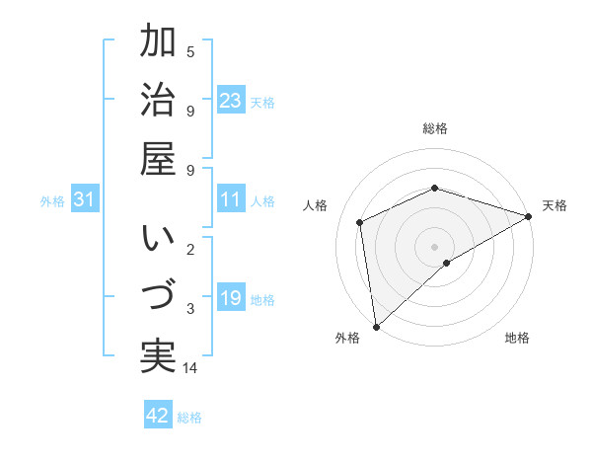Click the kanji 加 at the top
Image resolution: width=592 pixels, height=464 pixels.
point(159,42)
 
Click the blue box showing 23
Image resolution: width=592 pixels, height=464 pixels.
point(231,100)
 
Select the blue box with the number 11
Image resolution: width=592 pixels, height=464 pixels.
point(231,200)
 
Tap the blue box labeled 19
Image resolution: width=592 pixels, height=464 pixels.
point(231,298)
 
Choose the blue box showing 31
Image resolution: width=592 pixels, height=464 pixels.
point(85,200)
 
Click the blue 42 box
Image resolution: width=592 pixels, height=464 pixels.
point(158,416)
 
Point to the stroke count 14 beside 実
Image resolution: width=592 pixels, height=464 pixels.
point(191,368)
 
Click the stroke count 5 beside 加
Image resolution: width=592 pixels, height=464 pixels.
point(190,51)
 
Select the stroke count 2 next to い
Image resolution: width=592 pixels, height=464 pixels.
point(190,248)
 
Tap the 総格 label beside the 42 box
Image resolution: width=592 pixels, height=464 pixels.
point(189,418)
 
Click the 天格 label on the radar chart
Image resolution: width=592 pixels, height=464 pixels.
point(555,205)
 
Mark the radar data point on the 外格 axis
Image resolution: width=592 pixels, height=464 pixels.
point(376,326)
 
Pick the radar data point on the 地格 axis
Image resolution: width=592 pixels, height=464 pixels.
point(447,263)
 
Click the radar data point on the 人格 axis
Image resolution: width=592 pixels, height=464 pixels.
point(360,222)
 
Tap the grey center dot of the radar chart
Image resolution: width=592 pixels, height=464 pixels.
point(434,245)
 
